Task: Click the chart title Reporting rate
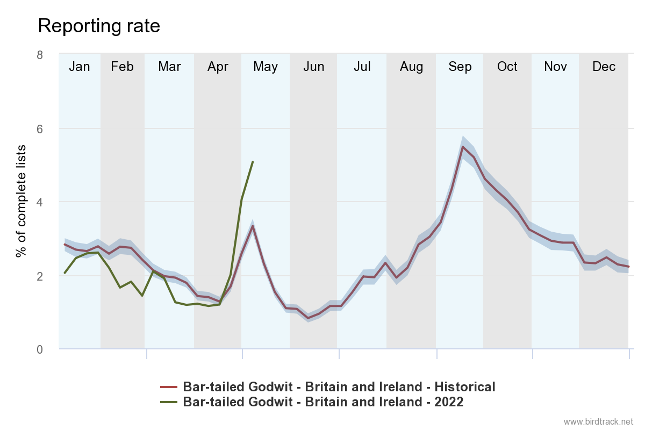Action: click(99, 26)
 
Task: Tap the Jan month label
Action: click(80, 67)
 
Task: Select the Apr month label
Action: click(218, 67)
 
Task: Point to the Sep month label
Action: click(460, 67)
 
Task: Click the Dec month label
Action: click(604, 67)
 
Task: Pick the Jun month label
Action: click(313, 67)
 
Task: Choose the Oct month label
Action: click(507, 67)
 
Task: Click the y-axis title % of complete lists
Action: click(21, 201)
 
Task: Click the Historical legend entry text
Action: click(339, 386)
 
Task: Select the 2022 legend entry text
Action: click(323, 402)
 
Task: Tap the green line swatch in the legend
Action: click(169, 402)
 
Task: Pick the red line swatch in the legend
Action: click(169, 386)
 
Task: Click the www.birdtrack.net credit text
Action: click(598, 421)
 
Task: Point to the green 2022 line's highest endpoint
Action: click(253, 161)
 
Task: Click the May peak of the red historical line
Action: click(253, 226)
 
